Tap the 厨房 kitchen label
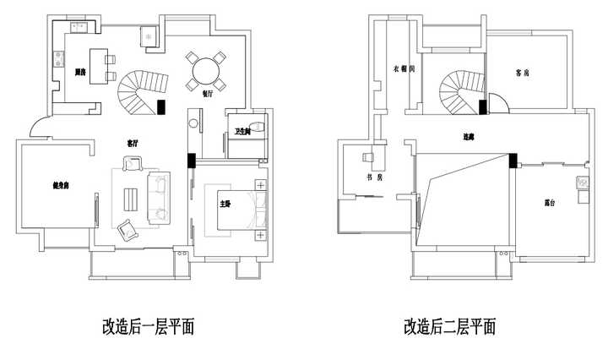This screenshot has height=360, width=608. (x=82, y=73)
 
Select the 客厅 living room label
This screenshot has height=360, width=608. (x=132, y=145)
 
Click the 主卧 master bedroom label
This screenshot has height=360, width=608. (x=225, y=204)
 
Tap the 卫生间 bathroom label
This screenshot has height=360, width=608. (x=242, y=130)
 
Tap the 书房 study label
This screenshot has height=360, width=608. (x=374, y=178)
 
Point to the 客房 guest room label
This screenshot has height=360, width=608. (x=523, y=73)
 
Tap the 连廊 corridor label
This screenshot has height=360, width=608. (x=469, y=136)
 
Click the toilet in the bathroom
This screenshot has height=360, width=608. (x=260, y=127)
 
